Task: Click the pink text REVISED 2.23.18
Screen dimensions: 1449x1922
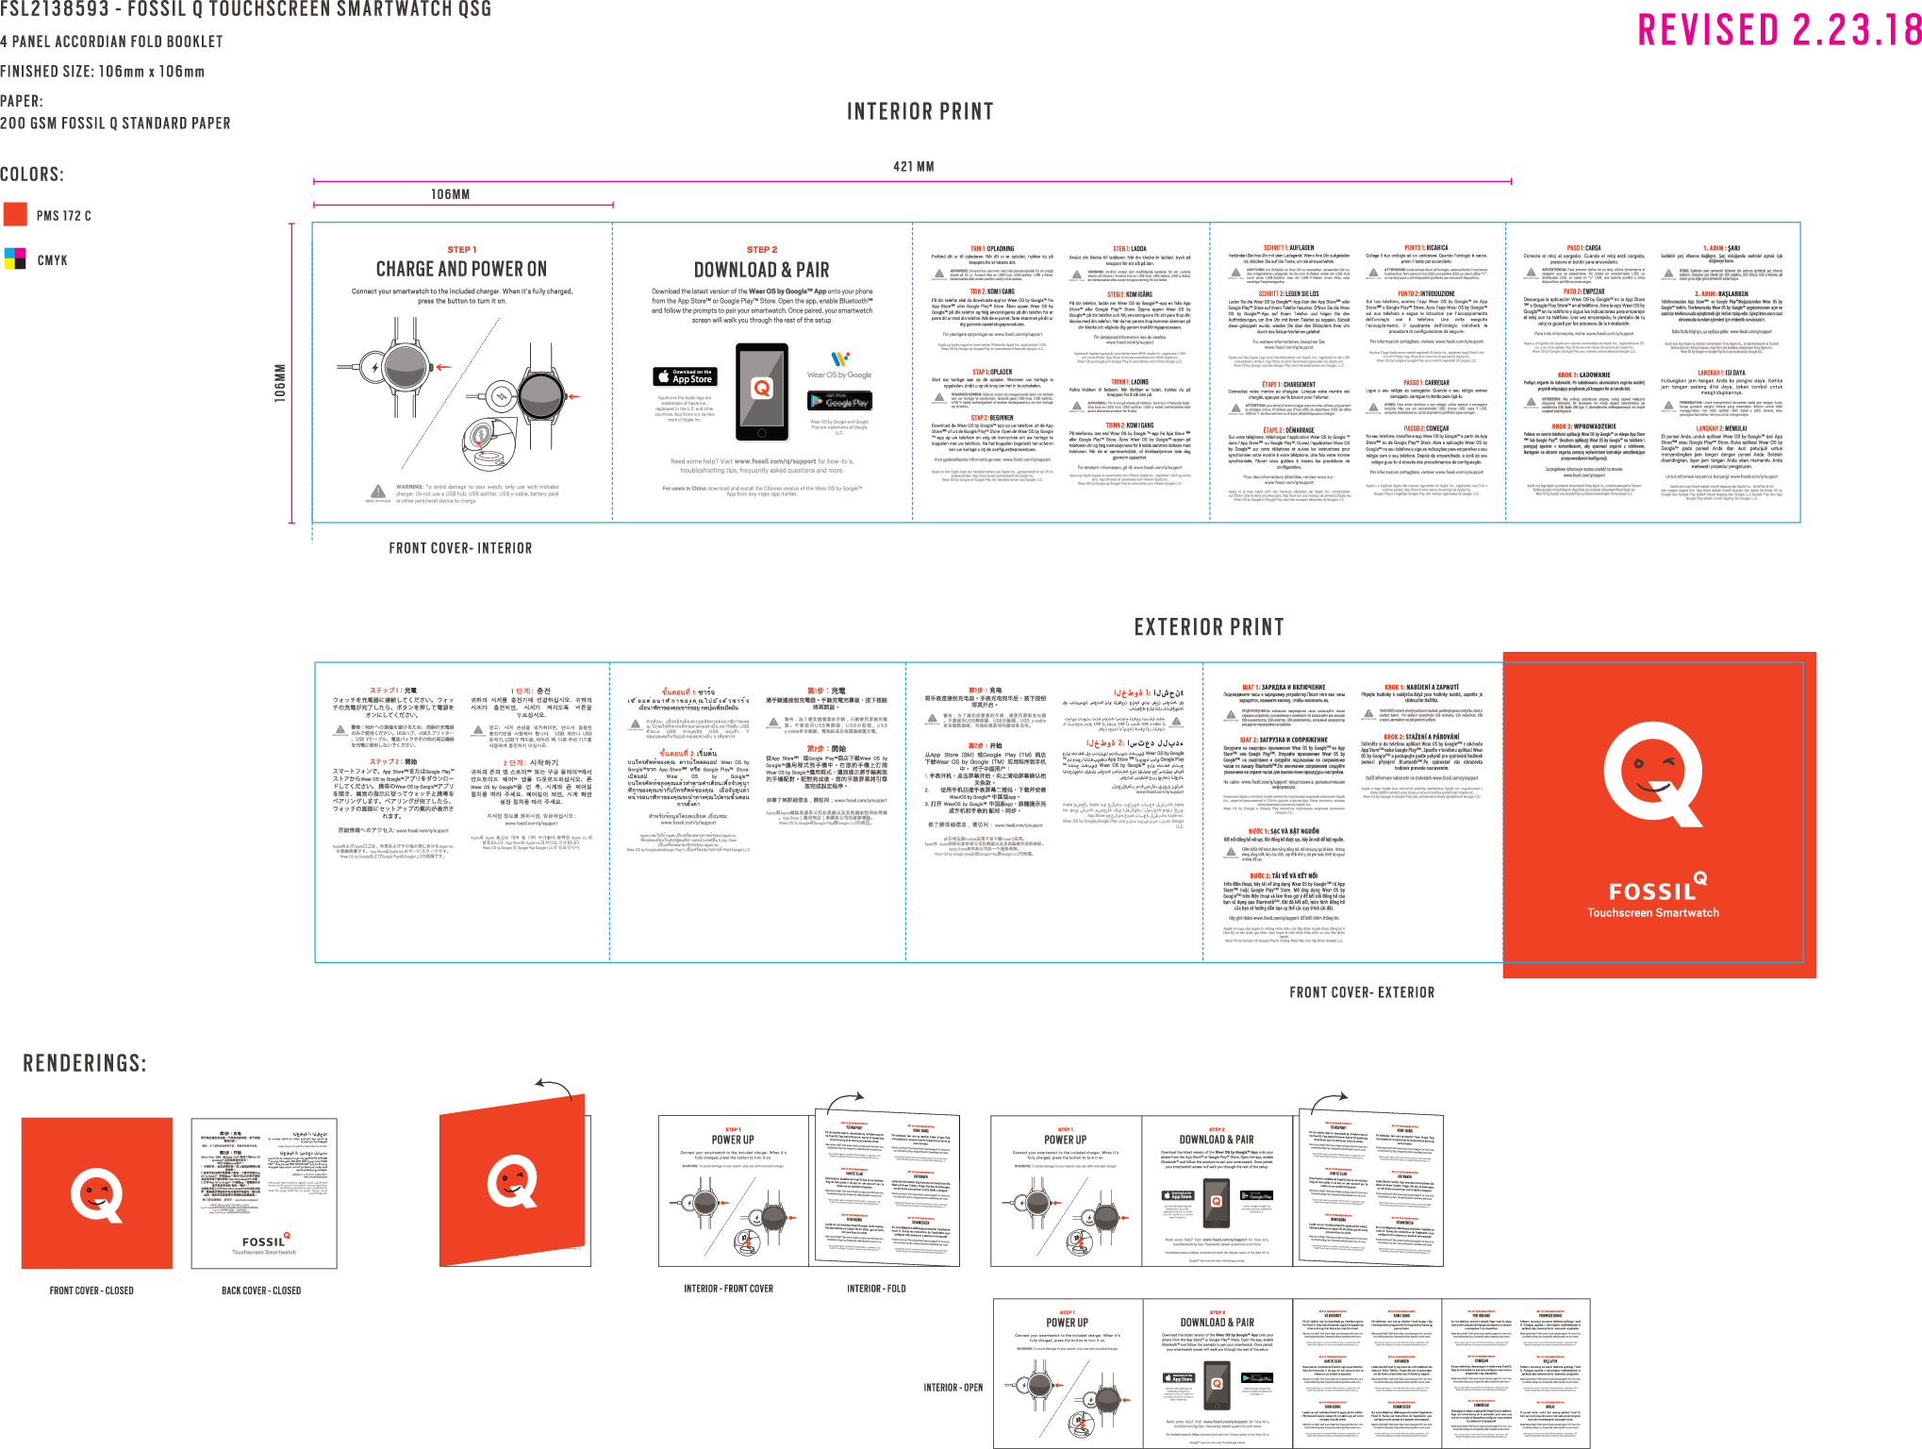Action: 1779,30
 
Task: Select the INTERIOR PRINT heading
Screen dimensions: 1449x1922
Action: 920,112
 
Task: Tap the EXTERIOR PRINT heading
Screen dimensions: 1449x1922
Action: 1208,627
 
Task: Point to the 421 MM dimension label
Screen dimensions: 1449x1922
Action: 913,167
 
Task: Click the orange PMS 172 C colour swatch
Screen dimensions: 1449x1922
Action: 16,214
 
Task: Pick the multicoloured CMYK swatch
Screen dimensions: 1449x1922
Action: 15,258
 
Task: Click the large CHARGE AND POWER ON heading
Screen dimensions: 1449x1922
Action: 461,270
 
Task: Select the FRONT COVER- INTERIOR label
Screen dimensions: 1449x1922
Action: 460,548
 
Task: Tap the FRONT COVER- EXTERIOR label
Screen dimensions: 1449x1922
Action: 1361,992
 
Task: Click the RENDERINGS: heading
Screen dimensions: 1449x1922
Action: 85,1064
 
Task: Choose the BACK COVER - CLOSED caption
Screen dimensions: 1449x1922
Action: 261,1291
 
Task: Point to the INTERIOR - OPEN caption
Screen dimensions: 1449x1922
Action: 953,1388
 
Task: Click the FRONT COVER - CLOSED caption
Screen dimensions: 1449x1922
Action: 91,1291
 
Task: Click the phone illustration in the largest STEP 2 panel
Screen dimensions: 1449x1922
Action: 761,391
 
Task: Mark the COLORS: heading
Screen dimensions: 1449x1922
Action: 32,175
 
